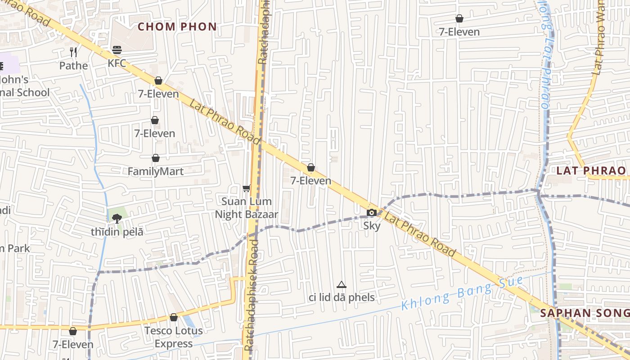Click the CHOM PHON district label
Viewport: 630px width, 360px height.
177,27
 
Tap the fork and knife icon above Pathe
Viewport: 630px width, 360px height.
74,52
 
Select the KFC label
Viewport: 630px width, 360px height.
117,63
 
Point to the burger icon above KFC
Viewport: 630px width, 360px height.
117,49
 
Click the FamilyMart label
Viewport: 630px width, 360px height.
156,171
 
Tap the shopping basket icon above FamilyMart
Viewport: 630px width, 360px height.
156,158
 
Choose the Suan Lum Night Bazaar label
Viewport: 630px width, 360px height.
246,208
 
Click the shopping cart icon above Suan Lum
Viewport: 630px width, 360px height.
246,188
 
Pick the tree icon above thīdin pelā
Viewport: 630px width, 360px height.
117,219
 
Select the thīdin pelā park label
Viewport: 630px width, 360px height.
117,232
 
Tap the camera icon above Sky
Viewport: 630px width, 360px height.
372,212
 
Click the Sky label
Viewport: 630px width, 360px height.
372,226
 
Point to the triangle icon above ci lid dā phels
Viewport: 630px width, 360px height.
342,284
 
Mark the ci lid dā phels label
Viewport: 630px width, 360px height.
342,297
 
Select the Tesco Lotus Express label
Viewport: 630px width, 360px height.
173,337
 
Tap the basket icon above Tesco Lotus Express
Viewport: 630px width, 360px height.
174,317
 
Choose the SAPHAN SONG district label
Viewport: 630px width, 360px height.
585,313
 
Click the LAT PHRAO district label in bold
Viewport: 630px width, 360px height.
591,171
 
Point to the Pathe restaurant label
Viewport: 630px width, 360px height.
74,66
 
